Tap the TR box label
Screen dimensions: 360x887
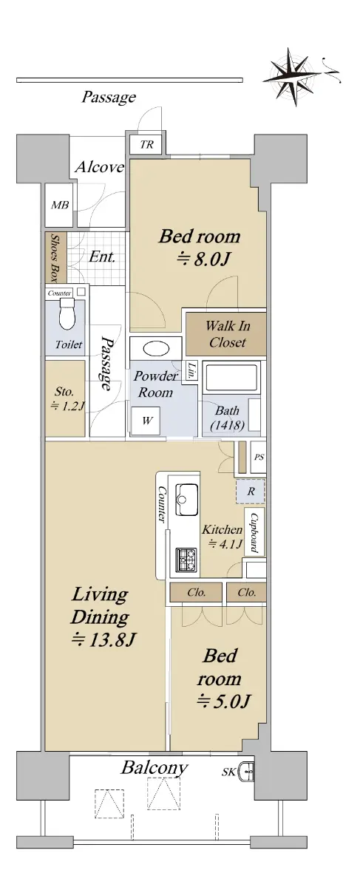(x=146, y=145)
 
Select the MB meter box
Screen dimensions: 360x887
(x=59, y=205)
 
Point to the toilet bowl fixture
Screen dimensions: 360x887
(x=67, y=313)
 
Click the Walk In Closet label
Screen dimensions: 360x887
(x=228, y=334)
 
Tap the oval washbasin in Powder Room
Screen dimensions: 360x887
(x=156, y=349)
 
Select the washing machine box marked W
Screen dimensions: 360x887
(x=146, y=421)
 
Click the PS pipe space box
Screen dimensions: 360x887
(x=258, y=457)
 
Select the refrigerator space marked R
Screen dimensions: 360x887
(x=251, y=492)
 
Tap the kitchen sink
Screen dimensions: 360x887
(x=187, y=499)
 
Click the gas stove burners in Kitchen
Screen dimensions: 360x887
(x=186, y=559)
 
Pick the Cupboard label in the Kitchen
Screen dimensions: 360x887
(x=254, y=533)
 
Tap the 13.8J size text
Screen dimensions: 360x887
(x=103, y=640)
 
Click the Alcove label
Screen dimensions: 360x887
(x=100, y=167)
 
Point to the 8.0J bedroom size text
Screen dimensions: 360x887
(x=203, y=259)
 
